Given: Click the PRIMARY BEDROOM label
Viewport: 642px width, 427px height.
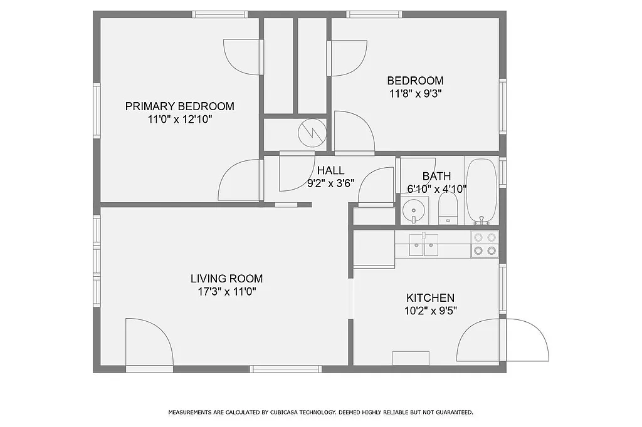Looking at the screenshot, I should coord(179,106).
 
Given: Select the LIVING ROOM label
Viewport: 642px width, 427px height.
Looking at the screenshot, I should coord(226,279).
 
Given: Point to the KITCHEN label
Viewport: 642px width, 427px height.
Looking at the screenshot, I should coord(430,298).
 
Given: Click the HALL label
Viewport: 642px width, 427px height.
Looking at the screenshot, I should coord(330,170).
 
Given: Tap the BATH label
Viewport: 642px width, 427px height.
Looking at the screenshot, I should coord(436,176).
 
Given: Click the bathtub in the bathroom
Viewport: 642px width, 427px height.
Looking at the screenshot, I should coord(481,191).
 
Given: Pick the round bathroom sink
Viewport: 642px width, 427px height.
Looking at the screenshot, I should coord(413,209).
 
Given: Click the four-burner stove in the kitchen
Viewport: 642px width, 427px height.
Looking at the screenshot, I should coord(485,244).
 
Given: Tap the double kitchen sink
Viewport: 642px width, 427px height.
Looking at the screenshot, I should coord(424,245).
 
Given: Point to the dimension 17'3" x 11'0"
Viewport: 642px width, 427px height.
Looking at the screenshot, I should coord(226,291).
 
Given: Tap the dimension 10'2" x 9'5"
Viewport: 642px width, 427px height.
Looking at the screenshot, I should coord(430,311).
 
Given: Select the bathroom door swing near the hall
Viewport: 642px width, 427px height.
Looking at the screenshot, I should coord(376,187).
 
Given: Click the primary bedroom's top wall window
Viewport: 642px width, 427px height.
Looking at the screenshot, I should coord(219,14).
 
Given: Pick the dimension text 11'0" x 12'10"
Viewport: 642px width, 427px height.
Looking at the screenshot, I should coord(179,119).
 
